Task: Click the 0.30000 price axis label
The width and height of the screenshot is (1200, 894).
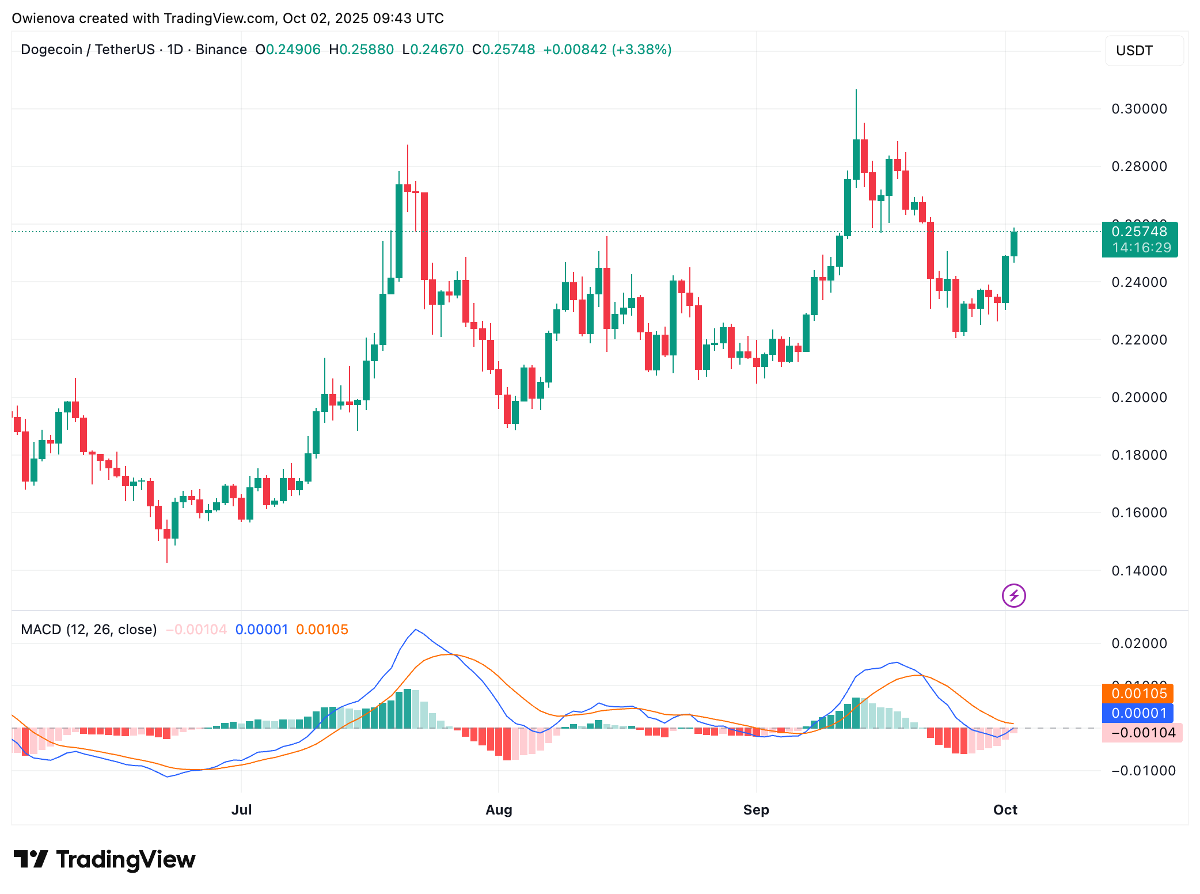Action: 1139,109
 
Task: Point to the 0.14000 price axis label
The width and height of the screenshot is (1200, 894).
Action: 1139,571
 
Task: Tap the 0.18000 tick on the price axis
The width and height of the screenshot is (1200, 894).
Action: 1139,455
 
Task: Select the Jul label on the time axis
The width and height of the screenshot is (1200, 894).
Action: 241,810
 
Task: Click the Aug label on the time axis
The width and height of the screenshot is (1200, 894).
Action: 499,810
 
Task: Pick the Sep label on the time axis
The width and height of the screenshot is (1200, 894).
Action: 756,810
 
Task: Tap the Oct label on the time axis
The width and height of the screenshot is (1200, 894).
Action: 1005,810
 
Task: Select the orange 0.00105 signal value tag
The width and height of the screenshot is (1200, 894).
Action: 1138,694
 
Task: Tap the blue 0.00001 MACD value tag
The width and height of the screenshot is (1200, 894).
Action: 1138,713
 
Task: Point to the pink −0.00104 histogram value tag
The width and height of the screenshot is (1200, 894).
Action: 1142,733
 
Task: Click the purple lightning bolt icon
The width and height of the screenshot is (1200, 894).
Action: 1013,596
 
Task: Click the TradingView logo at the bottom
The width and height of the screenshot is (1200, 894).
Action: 105,859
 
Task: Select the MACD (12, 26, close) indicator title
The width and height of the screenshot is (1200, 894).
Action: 89,630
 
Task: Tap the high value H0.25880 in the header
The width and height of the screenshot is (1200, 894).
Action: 361,50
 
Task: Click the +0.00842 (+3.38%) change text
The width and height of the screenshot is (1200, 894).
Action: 607,50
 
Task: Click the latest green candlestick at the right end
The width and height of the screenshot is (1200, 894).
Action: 1013,244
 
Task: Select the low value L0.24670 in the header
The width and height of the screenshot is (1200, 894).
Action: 433,50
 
